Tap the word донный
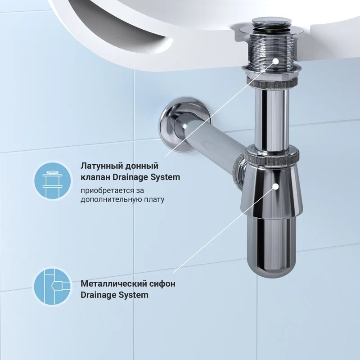142,166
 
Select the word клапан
95,177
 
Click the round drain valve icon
53,180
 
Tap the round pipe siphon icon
53,287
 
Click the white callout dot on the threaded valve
276,61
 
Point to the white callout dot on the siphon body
276,187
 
